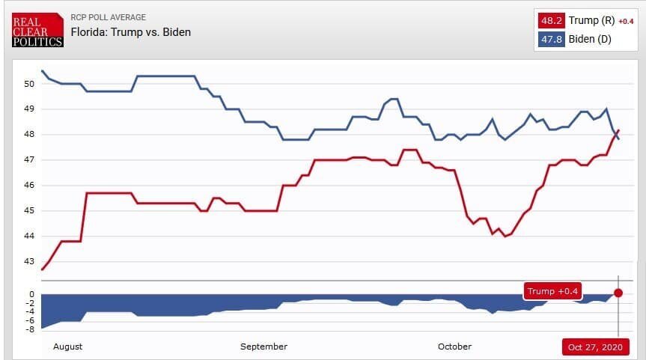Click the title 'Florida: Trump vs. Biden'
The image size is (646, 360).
(130, 32)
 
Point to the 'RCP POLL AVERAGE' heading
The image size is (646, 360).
(108, 17)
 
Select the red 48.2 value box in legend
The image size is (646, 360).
(552, 20)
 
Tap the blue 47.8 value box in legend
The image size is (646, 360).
(552, 39)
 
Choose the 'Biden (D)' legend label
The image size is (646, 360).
(590, 39)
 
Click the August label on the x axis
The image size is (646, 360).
(67, 347)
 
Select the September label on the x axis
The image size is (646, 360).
(263, 347)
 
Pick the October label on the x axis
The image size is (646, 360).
(454, 347)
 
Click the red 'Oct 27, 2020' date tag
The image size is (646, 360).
(595, 347)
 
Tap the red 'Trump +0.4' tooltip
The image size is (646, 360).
(552, 291)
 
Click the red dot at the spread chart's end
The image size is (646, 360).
(618, 293)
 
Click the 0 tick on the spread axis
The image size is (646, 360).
(31, 294)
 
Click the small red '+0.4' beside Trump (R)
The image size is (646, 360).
(626, 21)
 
